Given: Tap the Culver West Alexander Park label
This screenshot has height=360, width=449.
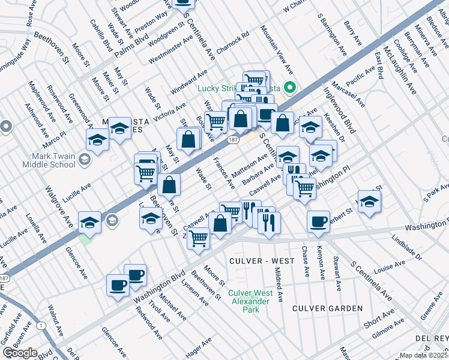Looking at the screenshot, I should pos(251,301).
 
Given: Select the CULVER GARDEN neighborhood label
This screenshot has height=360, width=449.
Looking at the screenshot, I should pos(327,308).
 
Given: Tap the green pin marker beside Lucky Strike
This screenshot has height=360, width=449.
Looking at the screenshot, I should pos(290,88).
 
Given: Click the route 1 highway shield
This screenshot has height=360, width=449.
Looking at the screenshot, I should pos(40,325).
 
